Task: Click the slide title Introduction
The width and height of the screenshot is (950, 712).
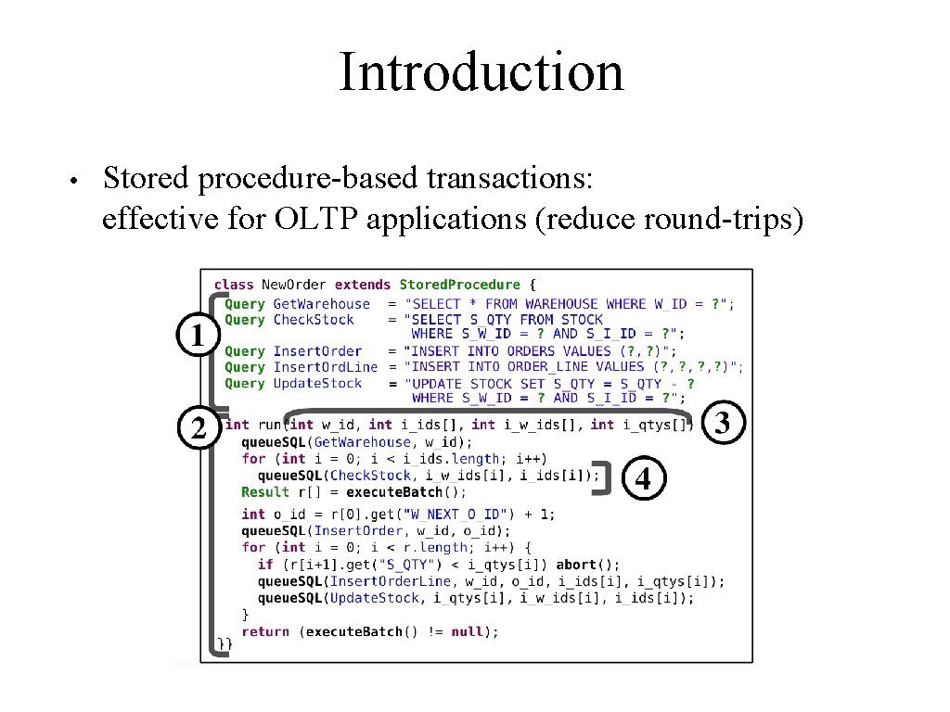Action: click(481, 72)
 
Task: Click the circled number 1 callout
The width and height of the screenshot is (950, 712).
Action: click(198, 335)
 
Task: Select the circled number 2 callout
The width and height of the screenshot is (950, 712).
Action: click(198, 427)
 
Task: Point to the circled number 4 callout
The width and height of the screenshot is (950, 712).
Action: click(642, 479)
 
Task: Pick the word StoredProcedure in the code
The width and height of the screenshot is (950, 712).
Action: click(459, 285)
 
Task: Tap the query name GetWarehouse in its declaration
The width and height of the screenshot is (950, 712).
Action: click(321, 303)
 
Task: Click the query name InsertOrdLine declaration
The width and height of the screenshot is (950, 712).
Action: click(326, 367)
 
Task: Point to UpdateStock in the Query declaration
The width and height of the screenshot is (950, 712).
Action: click(317, 383)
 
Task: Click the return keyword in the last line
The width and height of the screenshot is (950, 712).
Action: click(265, 631)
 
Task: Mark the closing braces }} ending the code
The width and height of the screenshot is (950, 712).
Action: click(225, 644)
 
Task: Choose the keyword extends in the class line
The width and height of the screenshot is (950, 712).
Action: click(363, 285)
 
